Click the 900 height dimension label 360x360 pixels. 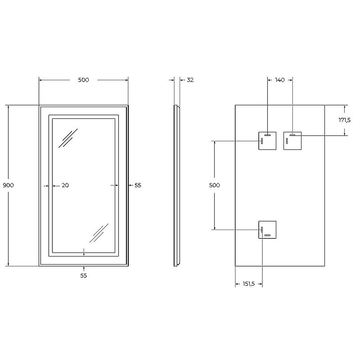point(9,185)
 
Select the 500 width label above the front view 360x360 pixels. point(83,80)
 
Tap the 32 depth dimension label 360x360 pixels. point(190,80)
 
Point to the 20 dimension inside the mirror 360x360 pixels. point(65,185)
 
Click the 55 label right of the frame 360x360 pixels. point(138,185)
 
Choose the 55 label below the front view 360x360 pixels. point(83,276)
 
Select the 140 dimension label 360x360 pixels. point(279,80)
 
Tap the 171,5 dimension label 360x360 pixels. point(345,120)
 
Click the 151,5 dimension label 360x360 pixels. point(248,284)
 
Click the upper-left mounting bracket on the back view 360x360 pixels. point(267,141)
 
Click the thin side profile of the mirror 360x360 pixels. point(176,185)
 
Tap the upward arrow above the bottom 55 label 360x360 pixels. point(84,269)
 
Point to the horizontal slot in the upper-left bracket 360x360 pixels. point(267,135)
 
